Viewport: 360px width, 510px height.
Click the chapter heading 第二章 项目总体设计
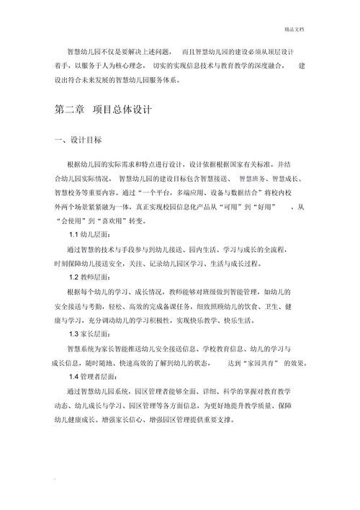click(x=98, y=112)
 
